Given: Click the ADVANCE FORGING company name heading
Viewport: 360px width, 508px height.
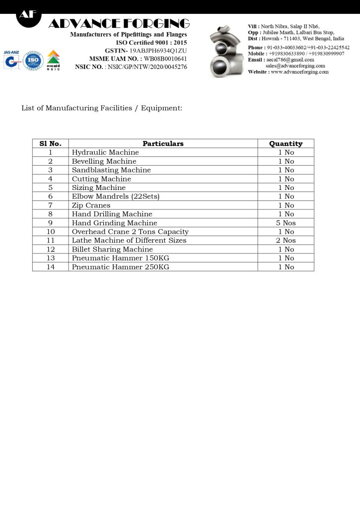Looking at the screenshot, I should (x=119, y=24).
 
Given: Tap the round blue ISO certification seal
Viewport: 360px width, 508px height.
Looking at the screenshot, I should (x=33, y=61).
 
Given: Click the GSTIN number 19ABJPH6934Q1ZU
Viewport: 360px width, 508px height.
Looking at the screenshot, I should (x=158, y=51).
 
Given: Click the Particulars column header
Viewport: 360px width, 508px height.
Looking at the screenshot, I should (x=163, y=144).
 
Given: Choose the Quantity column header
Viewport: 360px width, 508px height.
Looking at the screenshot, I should (x=286, y=144).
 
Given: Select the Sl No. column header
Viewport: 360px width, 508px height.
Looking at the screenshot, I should (x=50, y=144).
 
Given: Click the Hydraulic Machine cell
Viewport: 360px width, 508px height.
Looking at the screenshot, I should (x=105, y=153).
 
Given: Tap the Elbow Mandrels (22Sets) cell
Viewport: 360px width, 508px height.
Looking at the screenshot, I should (x=116, y=196).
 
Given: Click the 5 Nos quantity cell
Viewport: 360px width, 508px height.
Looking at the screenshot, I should (x=286, y=223).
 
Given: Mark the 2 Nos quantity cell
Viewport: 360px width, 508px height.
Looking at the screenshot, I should (x=286, y=241).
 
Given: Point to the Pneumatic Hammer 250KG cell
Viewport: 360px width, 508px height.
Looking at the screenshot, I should (x=121, y=267).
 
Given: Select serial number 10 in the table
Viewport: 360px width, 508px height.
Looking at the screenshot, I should (x=50, y=232).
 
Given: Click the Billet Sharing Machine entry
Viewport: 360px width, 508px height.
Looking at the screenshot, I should (x=112, y=250).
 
